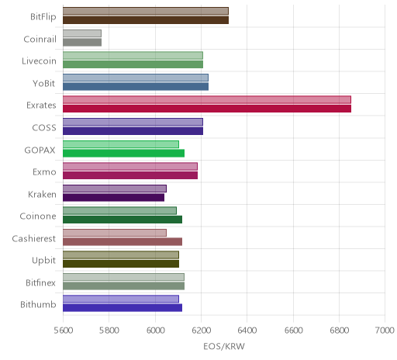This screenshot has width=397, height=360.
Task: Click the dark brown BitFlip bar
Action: [x=146, y=20]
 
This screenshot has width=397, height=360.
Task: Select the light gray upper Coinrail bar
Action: [x=82, y=33]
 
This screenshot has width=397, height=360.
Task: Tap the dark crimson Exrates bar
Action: [x=207, y=109]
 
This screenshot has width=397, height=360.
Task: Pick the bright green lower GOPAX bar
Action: [x=123, y=153]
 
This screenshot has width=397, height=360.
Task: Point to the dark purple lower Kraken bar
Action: [x=113, y=198]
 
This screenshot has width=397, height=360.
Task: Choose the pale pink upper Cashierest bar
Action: [x=115, y=233]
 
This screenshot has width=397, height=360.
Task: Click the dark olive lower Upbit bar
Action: [x=121, y=264]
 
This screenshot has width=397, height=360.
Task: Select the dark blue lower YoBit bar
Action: [x=136, y=87]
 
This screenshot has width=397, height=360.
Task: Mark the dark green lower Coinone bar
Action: [x=123, y=220]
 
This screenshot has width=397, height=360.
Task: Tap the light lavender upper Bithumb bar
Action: [x=121, y=299]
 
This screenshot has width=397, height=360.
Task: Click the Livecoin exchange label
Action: [x=39, y=61]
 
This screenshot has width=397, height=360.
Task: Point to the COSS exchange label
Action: [x=44, y=128]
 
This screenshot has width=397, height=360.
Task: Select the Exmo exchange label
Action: [x=44, y=172]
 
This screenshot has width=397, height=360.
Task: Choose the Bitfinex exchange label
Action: [x=40, y=282]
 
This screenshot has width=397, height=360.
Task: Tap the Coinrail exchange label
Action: [x=40, y=39]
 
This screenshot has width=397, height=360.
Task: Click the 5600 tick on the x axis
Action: [x=64, y=331]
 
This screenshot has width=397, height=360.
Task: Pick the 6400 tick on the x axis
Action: [x=247, y=331]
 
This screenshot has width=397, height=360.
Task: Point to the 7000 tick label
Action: [x=385, y=331]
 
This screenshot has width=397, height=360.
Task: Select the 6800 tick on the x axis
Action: [x=340, y=331]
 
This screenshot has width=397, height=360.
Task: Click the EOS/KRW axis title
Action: [x=224, y=347]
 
